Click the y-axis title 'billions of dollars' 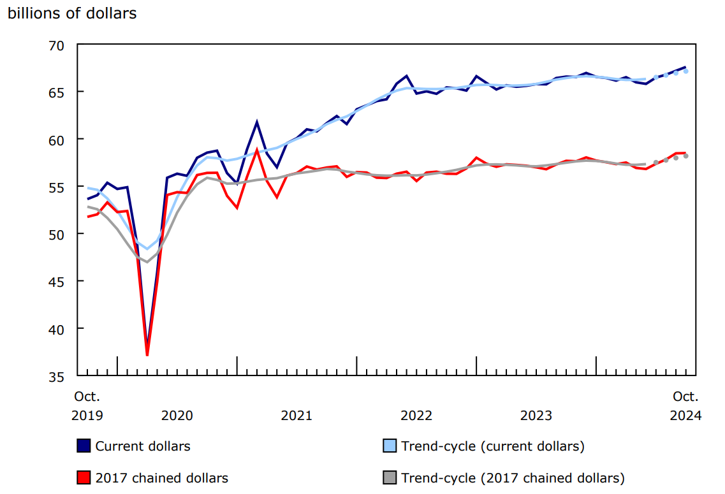[x=71, y=13]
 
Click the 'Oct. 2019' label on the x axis [x=87, y=406]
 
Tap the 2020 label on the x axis [x=177, y=416]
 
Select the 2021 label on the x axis [x=297, y=416]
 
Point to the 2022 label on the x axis [x=416, y=416]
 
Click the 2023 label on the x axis [x=536, y=416]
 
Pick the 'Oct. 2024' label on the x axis [x=686, y=406]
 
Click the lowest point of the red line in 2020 [x=147, y=355]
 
